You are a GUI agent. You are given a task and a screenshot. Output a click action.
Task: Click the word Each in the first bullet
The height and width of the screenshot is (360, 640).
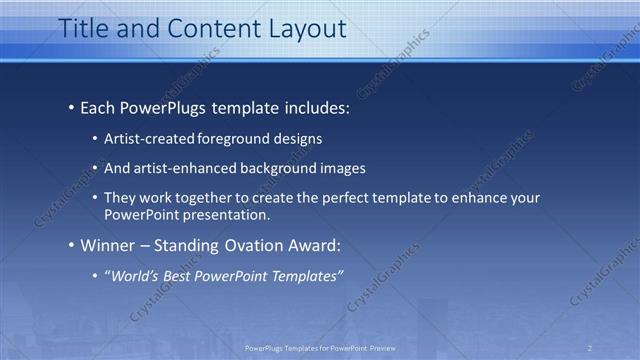pyautogui.click(x=99, y=105)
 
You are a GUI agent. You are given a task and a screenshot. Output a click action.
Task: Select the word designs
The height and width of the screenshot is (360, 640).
pyautogui.click(x=296, y=139)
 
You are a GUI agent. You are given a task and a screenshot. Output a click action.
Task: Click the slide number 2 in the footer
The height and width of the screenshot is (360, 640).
pyautogui.click(x=590, y=347)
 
